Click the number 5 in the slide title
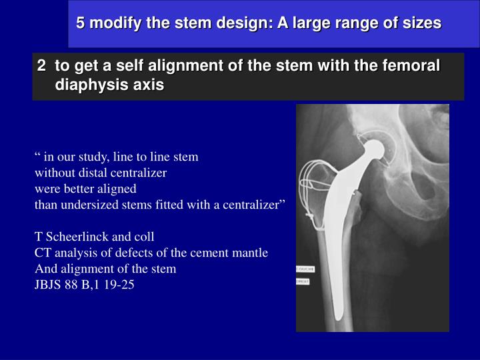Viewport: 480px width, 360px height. [80, 23]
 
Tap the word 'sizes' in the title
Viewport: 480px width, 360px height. [421, 23]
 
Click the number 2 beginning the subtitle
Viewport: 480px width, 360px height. [41, 66]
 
